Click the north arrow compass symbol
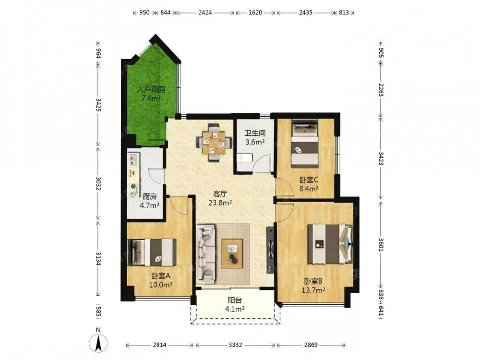click(98, 342)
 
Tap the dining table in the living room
click(214, 143)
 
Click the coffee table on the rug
click(232, 254)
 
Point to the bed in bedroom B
click(330, 244)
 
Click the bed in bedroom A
click(152, 252)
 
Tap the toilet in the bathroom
click(244, 158)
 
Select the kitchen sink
click(133, 160)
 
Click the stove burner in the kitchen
click(133, 186)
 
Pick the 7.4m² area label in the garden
click(151, 98)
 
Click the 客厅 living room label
click(220, 194)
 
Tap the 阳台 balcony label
click(235, 300)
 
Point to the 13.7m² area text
click(313, 290)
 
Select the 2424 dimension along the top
click(205, 12)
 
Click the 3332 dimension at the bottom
click(235, 345)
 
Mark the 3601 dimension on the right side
click(381, 245)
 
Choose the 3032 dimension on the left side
click(98, 183)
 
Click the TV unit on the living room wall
click(270, 250)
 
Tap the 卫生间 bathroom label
click(255, 133)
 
